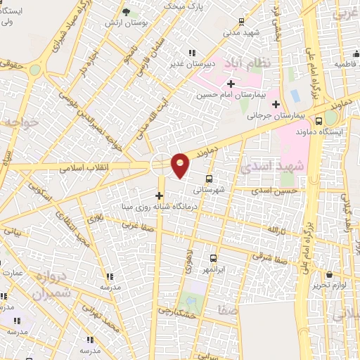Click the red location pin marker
coord(181,165)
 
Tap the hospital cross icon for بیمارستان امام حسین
coord(230,85)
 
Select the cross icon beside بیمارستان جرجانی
coord(276,104)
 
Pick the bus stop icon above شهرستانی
coord(209,179)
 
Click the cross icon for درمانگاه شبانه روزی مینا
coord(160,195)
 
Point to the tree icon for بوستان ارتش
coord(126,12)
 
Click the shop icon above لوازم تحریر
coord(330,274)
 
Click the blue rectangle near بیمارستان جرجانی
coord(294,94)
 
